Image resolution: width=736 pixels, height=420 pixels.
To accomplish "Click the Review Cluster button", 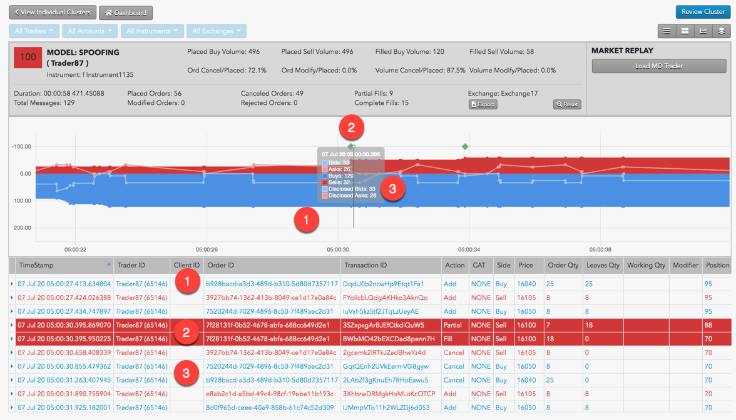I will (703, 12).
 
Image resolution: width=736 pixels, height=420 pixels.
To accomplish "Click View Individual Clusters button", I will (53, 12).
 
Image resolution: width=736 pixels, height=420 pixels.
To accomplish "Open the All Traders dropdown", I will (34, 31).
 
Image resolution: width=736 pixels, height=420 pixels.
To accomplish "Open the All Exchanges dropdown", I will (216, 31).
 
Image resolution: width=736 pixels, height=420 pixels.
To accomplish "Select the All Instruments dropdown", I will (151, 31).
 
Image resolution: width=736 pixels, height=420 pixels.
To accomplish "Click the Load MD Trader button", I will (658, 66).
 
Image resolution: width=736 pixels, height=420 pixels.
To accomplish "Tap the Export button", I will (483, 104).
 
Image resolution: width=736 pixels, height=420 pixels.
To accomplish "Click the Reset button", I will (566, 104).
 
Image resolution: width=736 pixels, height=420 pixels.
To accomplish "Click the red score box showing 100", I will (28, 57).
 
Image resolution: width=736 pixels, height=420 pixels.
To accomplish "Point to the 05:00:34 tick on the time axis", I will (468, 250).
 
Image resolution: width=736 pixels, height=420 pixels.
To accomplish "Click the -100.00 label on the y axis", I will (21, 146).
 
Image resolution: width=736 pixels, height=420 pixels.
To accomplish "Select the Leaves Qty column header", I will (602, 265).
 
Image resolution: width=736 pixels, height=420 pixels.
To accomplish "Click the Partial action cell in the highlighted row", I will (452, 325).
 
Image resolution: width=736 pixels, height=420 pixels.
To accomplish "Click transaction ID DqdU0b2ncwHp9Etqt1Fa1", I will (383, 284).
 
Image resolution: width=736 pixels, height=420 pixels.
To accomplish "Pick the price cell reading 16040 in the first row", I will (526, 284).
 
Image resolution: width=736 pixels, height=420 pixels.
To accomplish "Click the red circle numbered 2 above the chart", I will (351, 128).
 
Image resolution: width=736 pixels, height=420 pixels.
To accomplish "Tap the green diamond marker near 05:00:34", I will (465, 147).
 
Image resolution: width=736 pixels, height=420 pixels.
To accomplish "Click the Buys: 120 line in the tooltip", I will (340, 176).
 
